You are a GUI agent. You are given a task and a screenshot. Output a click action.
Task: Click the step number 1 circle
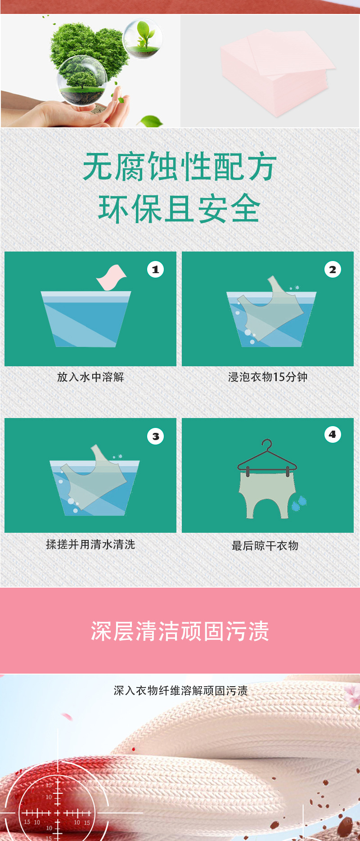(x=155, y=270)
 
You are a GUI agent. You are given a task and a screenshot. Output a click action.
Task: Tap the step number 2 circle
(x=333, y=270)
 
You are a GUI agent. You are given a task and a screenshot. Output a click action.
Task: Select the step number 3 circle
(x=155, y=436)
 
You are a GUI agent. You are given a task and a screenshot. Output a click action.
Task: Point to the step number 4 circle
(x=333, y=434)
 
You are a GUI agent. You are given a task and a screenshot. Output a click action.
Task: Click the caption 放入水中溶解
(x=90, y=377)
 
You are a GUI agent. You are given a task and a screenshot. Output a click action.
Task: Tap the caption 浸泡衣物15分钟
(x=268, y=377)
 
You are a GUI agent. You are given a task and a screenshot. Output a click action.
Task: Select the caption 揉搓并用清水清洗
(x=90, y=544)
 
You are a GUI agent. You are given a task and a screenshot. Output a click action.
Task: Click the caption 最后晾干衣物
(x=265, y=546)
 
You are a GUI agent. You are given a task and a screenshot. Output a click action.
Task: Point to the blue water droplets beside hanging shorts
(x=299, y=503)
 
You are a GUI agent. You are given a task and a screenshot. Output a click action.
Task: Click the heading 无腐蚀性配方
(x=180, y=167)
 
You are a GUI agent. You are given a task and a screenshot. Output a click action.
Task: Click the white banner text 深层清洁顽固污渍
(x=180, y=631)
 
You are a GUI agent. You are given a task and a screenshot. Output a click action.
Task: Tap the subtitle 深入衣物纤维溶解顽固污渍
(x=180, y=691)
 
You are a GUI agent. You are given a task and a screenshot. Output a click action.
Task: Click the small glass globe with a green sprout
(x=143, y=38)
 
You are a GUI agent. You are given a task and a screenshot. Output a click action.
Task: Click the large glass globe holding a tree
(x=82, y=81)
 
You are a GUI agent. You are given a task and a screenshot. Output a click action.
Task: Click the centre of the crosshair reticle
(x=57, y=813)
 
